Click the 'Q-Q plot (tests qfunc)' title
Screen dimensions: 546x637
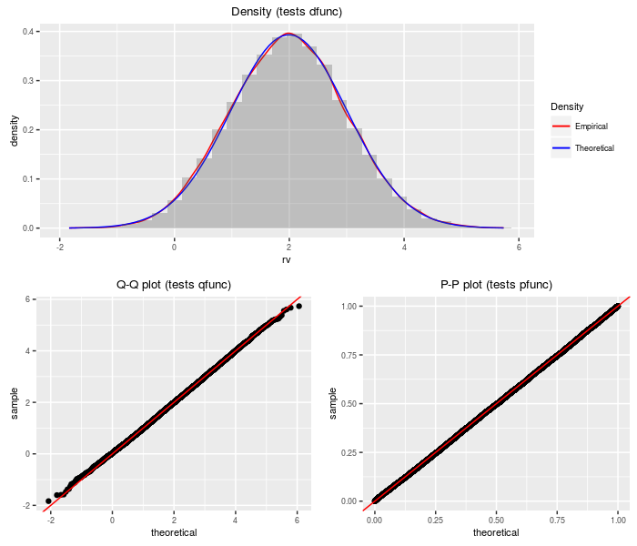(174, 285)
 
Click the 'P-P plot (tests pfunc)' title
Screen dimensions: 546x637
(495, 285)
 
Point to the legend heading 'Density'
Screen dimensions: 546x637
(568, 106)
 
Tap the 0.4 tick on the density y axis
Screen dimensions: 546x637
(30, 32)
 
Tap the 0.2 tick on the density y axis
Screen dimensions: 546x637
(30, 129)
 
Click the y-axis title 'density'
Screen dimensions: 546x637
(15, 130)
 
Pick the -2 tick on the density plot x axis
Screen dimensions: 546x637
(59, 246)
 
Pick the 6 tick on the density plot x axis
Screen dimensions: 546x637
(518, 246)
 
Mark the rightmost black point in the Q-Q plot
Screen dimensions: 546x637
(298, 306)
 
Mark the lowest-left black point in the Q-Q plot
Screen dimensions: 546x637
(48, 500)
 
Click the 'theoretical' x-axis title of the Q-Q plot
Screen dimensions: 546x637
(174, 532)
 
